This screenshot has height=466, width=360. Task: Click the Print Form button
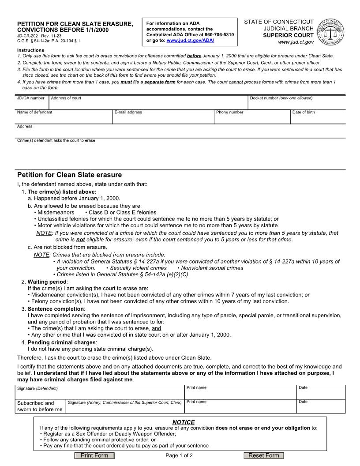pos(94,455)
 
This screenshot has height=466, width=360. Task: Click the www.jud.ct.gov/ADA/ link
pos(191,41)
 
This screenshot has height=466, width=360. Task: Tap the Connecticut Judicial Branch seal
pos(331,32)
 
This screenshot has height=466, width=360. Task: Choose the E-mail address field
pos(163,118)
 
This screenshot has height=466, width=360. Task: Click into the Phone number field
pos(251,118)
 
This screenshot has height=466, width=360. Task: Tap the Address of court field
pos(148,105)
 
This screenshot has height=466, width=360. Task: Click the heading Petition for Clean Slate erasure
pos(69,175)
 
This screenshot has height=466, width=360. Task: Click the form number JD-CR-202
pos(27,35)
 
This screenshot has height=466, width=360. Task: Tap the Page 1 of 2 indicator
pos(179,455)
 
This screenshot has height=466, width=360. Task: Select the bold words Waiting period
pos(47,282)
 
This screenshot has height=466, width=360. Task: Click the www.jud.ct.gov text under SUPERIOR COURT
pos(296,42)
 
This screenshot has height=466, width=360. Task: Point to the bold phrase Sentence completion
pos(56,308)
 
